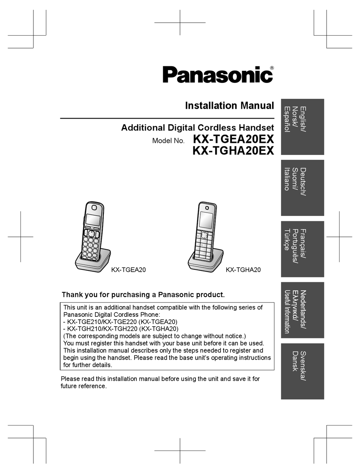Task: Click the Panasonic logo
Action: click(x=218, y=75)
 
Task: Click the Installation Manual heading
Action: click(x=229, y=106)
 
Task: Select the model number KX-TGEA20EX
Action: click(x=233, y=139)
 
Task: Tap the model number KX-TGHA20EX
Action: click(x=233, y=150)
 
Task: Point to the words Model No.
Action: click(x=168, y=141)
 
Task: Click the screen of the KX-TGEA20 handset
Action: click(x=92, y=220)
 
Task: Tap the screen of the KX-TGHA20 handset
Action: click(x=206, y=220)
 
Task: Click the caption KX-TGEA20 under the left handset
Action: click(x=128, y=270)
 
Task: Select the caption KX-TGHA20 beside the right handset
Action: click(x=243, y=270)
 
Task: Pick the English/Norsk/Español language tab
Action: click(x=302, y=127)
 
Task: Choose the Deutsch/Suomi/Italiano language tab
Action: click(x=302, y=188)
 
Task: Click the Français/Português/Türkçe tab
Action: click(x=302, y=249)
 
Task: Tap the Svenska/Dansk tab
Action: click(x=302, y=371)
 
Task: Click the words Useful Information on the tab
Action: click(x=287, y=311)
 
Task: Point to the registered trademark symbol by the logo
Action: click(x=272, y=68)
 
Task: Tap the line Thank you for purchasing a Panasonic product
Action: click(x=143, y=295)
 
